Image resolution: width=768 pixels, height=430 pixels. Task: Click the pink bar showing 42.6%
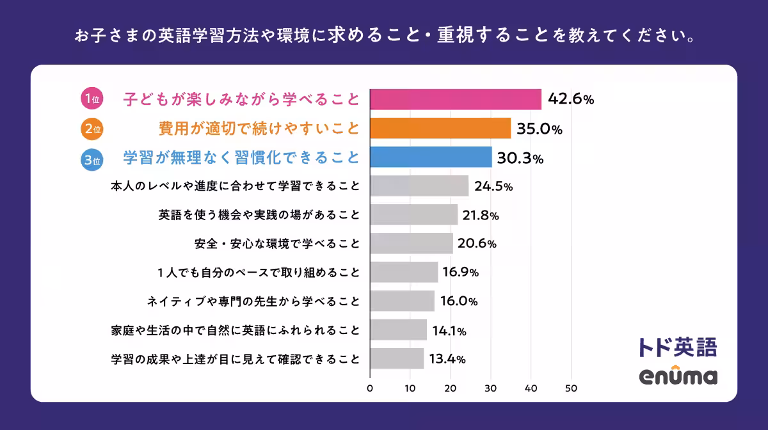coord(456,99)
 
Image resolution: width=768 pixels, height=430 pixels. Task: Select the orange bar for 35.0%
coord(440,129)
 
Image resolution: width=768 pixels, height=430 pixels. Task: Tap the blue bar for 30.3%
coord(431,157)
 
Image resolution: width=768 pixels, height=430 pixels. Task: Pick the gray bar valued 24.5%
coord(419,186)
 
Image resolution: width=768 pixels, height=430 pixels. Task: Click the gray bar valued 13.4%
coord(397,358)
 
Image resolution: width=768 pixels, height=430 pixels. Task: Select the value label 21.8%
coord(481,216)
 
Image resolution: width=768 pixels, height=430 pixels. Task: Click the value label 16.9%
coord(460,273)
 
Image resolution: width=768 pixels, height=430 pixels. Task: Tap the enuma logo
coord(678,376)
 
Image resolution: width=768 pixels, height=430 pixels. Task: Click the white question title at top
coord(384,35)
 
